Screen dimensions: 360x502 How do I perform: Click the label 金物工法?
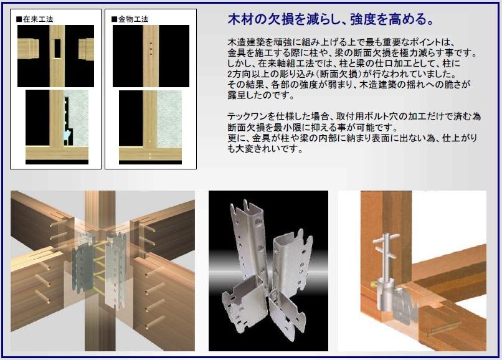click(134, 19)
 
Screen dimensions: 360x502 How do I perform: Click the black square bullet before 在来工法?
click(19, 19)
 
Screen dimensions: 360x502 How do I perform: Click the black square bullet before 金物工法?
click(114, 19)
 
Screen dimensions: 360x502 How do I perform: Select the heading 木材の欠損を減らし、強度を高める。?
click(331, 19)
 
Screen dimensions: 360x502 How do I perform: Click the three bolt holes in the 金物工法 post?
click(151, 47)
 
